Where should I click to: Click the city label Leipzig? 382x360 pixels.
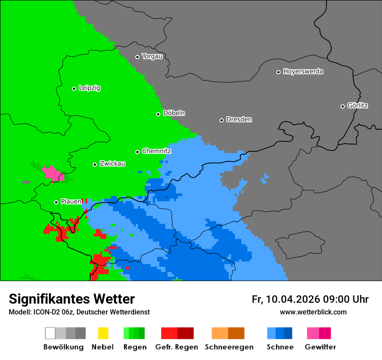pyautogui.click(x=89, y=88)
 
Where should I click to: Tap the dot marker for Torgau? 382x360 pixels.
pyautogui.click(x=137, y=57)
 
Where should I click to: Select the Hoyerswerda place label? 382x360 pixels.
pyautogui.click(x=303, y=72)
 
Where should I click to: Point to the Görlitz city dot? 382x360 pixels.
pyautogui.click(x=342, y=106)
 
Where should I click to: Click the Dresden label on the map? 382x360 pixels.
pyautogui.click(x=239, y=120)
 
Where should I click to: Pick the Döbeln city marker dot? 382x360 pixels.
pyautogui.click(x=158, y=114)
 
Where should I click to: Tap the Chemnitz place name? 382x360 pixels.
pyautogui.click(x=156, y=151)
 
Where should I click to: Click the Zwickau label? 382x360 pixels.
pyautogui.click(x=112, y=164)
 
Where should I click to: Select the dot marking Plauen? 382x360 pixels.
pyautogui.click(x=56, y=202)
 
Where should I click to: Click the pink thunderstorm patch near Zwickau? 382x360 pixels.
pyautogui.click(x=52, y=173)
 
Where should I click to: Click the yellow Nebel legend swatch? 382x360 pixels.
pyautogui.click(x=103, y=333)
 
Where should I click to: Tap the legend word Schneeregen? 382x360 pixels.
pyautogui.click(x=229, y=347)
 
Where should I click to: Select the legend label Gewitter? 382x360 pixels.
pyautogui.click(x=320, y=347)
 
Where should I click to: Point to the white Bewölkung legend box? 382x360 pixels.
pyautogui.click(x=50, y=333)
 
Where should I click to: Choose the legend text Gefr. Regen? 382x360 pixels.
pyautogui.click(x=176, y=347)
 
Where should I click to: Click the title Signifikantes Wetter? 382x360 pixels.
pyautogui.click(x=72, y=299)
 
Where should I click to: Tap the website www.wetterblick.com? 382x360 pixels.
pyautogui.click(x=313, y=312)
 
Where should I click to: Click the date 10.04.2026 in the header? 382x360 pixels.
pyautogui.click(x=293, y=299)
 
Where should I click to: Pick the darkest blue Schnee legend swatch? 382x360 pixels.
pyautogui.click(x=288, y=333)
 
